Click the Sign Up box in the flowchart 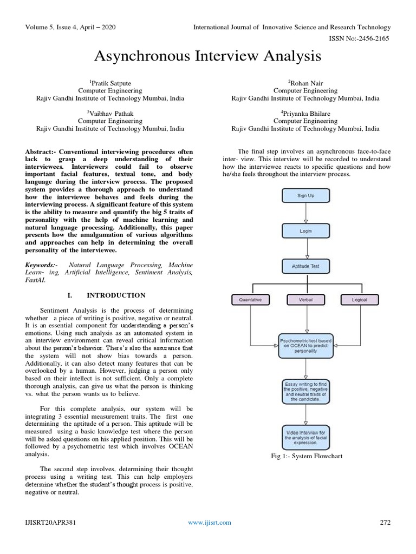(x=305, y=195)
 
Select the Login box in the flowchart (x=305, y=230)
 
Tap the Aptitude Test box (x=305, y=266)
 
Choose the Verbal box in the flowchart (x=305, y=300)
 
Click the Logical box (x=359, y=300)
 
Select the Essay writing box (x=305, y=392)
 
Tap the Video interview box (x=305, y=436)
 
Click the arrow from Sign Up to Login (x=305, y=213)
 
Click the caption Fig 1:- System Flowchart (x=307, y=456)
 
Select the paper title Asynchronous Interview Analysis (x=208, y=56)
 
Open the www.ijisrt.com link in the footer (x=209, y=522)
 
